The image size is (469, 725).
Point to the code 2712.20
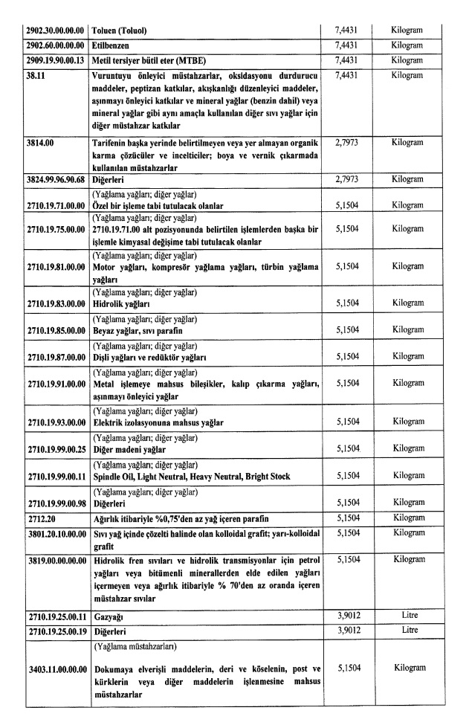(x=37, y=517)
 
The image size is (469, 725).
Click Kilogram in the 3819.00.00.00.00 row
(x=407, y=558)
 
